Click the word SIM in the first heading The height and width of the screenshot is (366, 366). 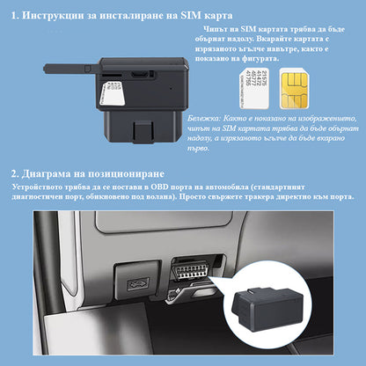191,15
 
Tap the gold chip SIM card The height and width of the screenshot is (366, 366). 294,89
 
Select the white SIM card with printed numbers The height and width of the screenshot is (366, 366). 254,89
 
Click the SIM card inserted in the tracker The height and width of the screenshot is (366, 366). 113,93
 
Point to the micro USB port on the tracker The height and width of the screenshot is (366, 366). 139,74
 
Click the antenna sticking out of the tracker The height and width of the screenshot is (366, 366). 70,69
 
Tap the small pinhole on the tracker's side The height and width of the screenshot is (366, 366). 171,87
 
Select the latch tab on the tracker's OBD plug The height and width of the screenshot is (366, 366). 143,131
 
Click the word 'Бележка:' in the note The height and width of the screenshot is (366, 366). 203,119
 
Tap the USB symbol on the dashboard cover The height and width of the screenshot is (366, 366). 137,283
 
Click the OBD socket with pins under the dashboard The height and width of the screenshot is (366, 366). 191,269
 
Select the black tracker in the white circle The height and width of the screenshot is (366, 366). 267,309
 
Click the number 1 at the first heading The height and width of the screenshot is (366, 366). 14,16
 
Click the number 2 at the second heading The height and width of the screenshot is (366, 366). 15,174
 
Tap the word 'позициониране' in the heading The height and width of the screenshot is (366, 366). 126,174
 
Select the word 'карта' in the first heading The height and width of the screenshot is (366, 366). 218,16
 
